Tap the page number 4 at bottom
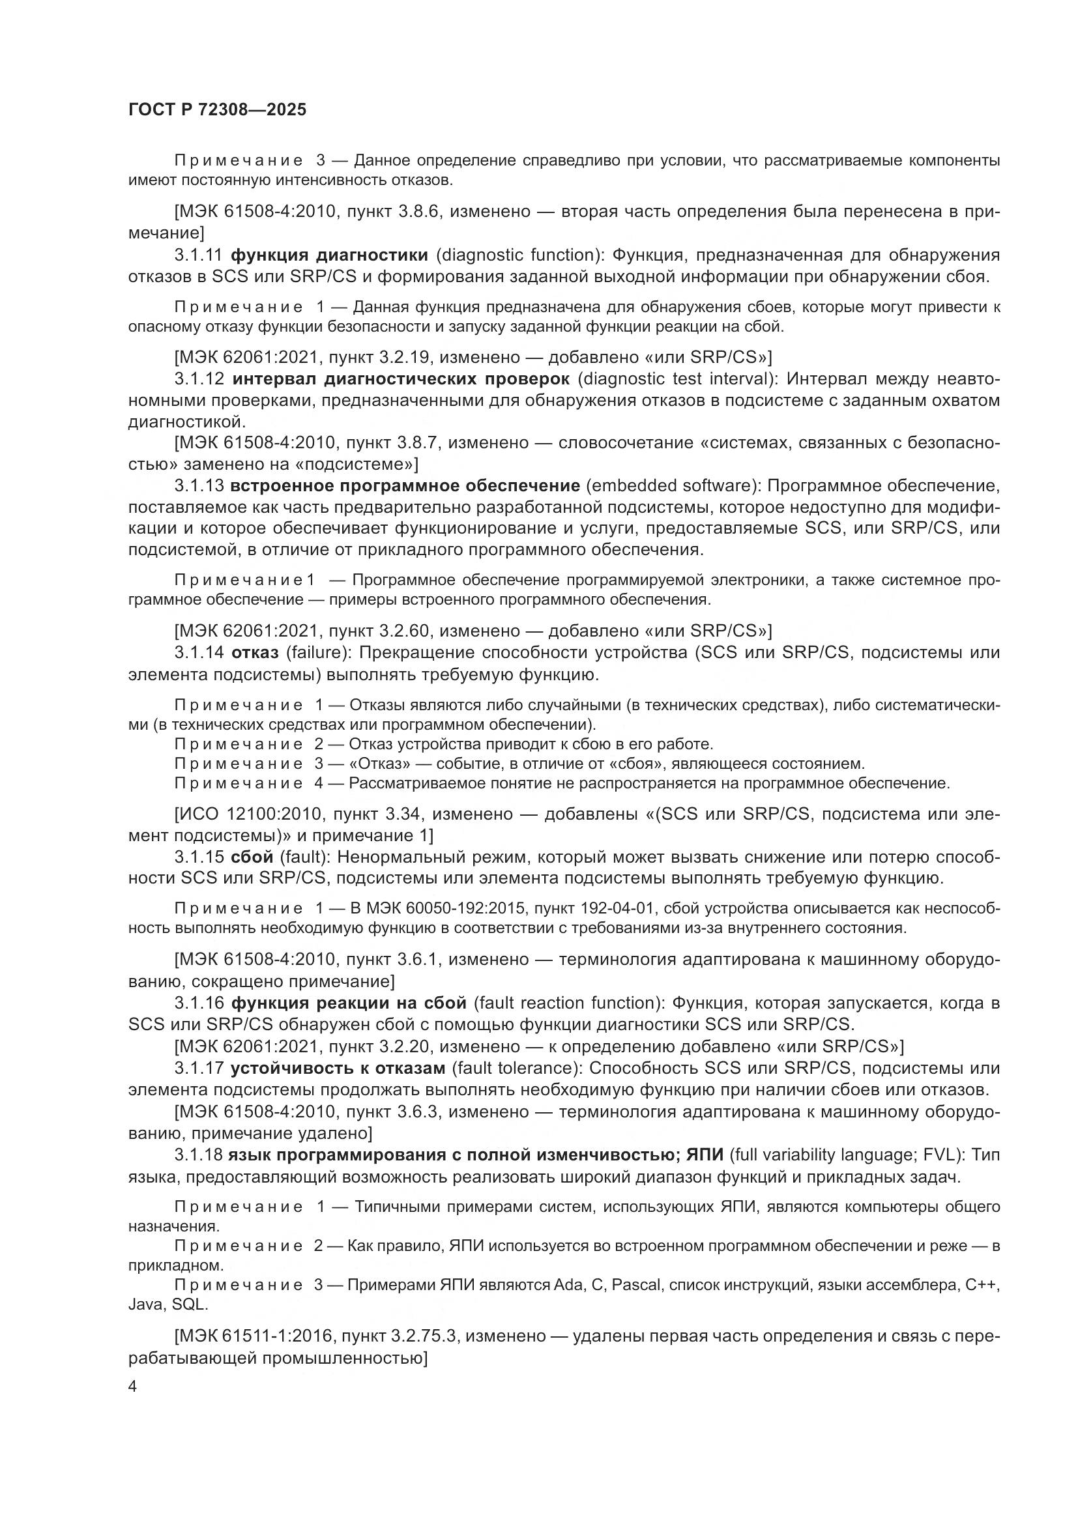pyautogui.click(x=133, y=1387)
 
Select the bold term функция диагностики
pyautogui.click(x=329, y=255)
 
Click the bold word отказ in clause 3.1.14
pyautogui.click(x=254, y=652)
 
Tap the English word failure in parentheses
pyautogui.click(x=317, y=652)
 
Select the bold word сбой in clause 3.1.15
pyautogui.click(x=252, y=857)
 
